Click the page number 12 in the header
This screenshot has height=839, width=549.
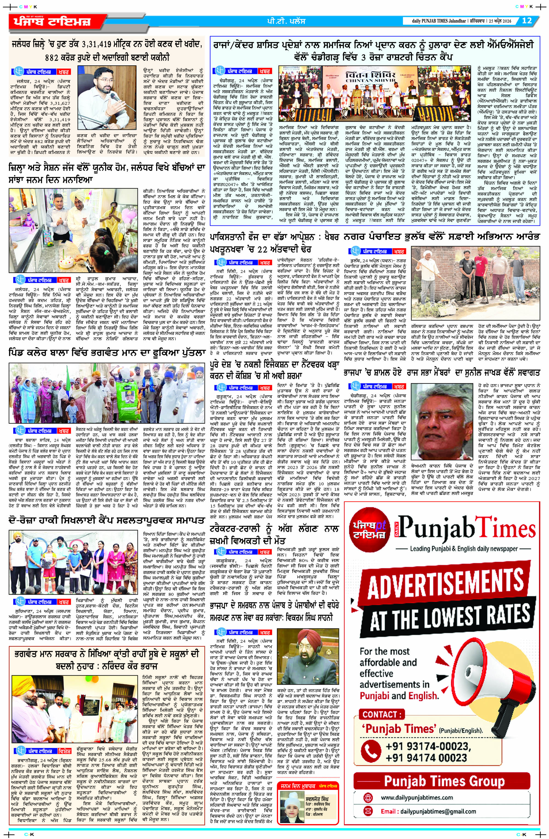pos(526,21)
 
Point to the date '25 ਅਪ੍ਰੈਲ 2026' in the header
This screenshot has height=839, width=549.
pos(502,21)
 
